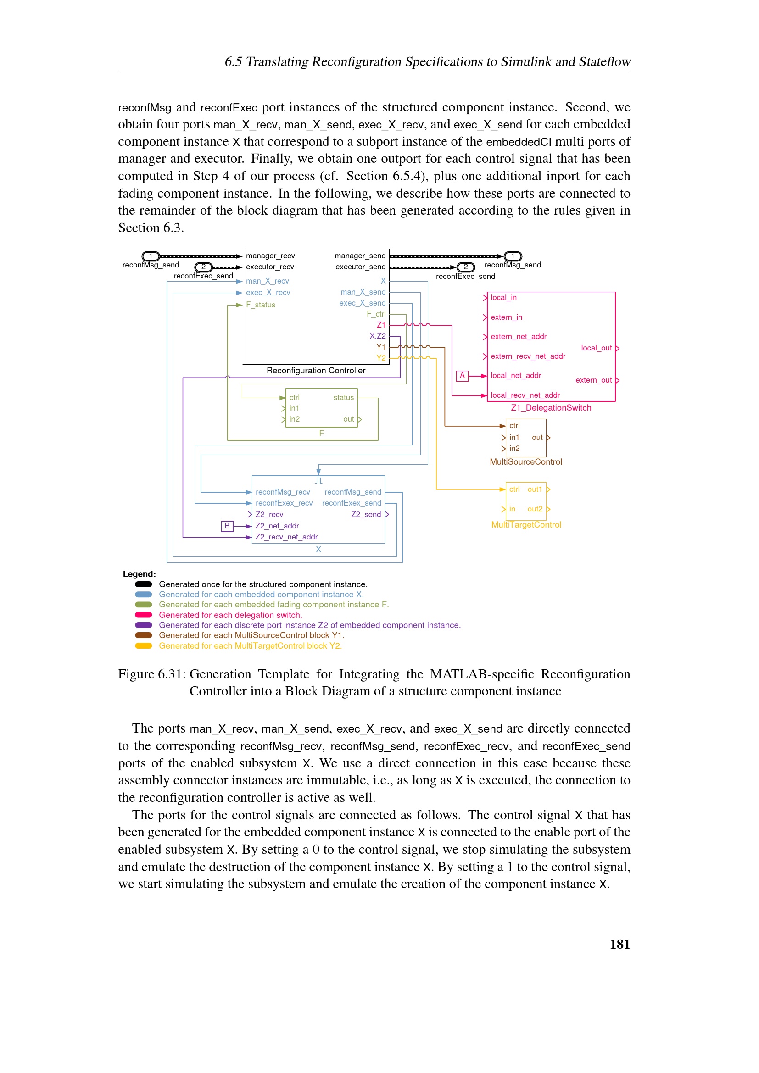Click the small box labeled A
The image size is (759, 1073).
(x=462, y=375)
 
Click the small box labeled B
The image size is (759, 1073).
(x=227, y=526)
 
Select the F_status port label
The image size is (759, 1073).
(x=261, y=305)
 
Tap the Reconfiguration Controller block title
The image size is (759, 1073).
(x=316, y=371)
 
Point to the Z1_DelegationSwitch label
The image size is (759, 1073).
(x=551, y=407)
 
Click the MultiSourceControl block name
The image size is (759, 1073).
(x=525, y=462)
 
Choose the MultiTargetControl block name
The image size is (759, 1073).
(x=526, y=525)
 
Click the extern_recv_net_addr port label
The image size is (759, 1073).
(x=528, y=356)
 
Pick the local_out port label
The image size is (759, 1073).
(x=596, y=348)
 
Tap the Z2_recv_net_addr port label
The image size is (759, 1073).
(x=286, y=537)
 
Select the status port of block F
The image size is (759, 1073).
(x=344, y=397)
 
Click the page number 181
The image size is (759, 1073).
(x=619, y=944)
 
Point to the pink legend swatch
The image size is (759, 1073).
(x=144, y=615)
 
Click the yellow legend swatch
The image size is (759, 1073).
(x=144, y=646)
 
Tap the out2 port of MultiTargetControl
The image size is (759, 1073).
(x=535, y=509)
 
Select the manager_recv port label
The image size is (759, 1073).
(x=270, y=256)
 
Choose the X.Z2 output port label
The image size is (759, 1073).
(x=378, y=335)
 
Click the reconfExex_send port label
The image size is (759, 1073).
(x=352, y=503)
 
